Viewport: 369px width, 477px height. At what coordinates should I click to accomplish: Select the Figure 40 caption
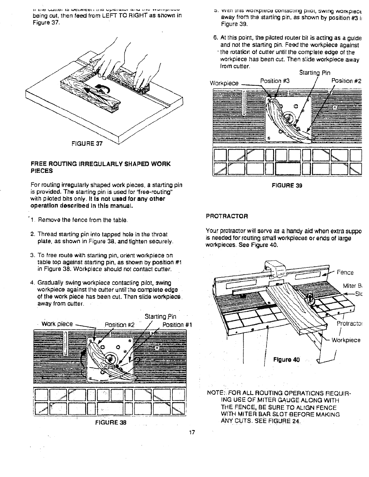coord(286,359)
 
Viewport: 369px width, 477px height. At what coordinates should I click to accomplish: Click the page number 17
coord(192,432)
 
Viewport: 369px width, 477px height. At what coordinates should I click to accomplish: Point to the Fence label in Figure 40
coord(345,273)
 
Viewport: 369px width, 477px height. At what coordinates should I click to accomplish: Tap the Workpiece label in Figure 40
coord(346,340)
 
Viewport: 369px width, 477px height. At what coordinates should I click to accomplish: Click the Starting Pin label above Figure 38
coord(160,317)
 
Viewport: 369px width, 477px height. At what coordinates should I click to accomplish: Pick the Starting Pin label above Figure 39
coord(314,73)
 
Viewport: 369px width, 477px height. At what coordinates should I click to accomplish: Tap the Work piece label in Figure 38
coord(57,324)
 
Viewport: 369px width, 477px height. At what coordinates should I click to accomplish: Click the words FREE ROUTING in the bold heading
coord(54,164)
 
